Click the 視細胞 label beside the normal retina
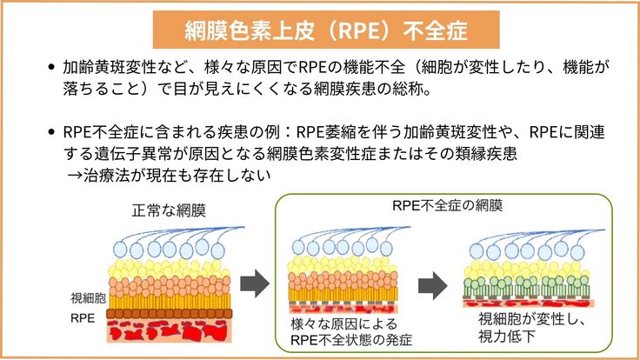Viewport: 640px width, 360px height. click(x=87, y=297)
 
